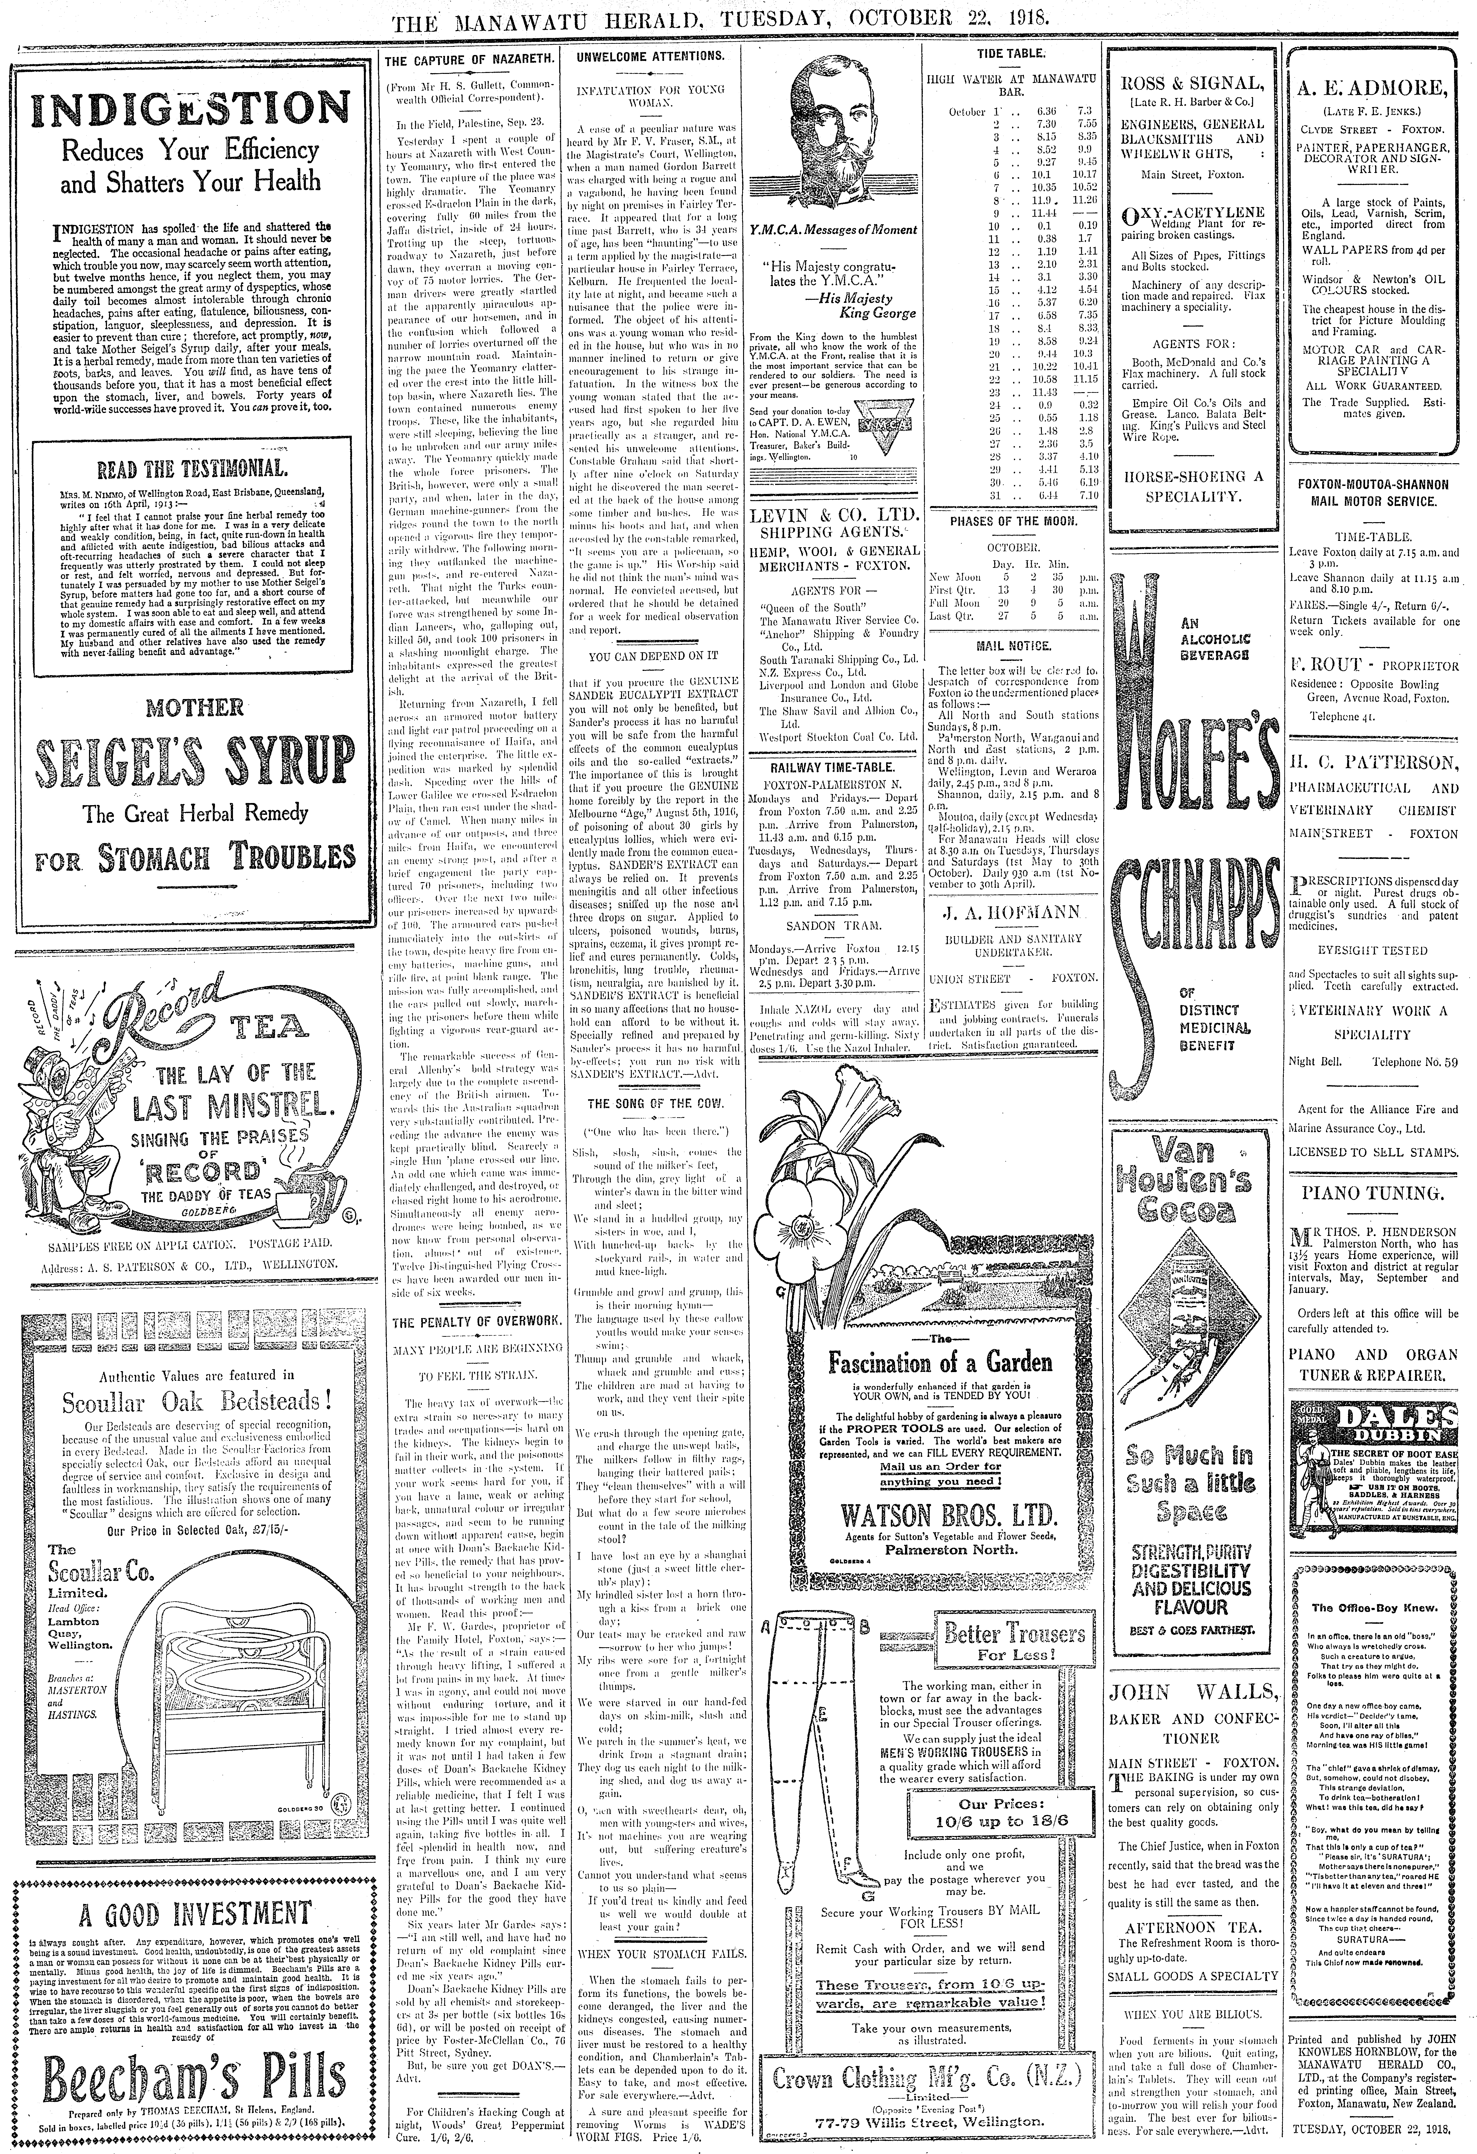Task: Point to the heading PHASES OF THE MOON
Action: [x=1013, y=522]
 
